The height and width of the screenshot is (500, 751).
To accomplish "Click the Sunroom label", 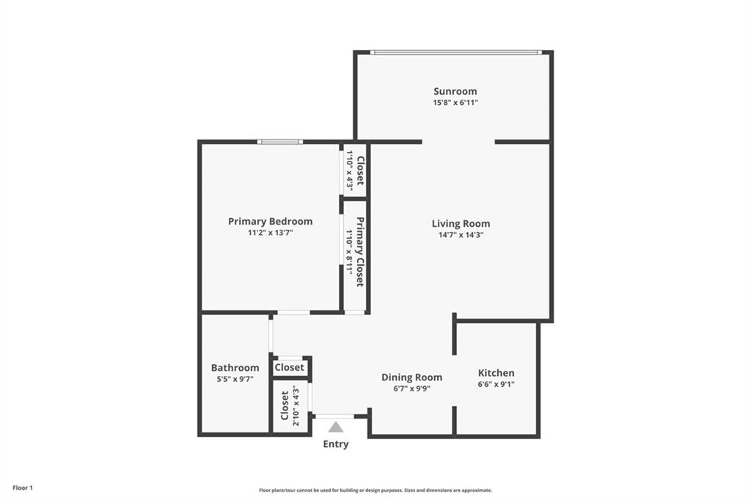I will tap(455, 91).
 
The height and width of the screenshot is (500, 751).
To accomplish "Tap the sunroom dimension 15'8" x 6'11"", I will tap(455, 103).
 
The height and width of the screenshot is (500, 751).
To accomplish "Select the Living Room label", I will tap(461, 223).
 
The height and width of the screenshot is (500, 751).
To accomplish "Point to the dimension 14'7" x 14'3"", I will tap(461, 235).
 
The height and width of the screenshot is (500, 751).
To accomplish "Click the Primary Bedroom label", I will tap(270, 221).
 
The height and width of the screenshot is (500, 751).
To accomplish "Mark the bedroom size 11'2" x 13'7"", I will tap(270, 232).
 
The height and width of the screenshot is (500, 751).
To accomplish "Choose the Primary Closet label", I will tap(361, 252).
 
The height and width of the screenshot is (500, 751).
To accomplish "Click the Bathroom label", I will tap(235, 368).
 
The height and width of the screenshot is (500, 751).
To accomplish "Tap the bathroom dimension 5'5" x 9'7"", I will tap(235, 379).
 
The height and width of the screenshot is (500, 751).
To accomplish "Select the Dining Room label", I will tap(411, 377).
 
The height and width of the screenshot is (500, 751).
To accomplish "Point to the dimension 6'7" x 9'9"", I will tap(411, 388).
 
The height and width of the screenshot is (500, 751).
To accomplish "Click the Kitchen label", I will tap(497, 373).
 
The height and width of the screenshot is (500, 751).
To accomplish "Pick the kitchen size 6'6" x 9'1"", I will tap(497, 384).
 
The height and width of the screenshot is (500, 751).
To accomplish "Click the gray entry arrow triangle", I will tap(336, 427).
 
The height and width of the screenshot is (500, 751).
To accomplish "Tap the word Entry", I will tap(336, 444).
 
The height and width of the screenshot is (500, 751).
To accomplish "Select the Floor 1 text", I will tap(23, 488).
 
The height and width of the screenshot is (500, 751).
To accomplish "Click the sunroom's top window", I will tap(455, 52).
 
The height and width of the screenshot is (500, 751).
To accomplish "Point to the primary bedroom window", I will tap(279, 142).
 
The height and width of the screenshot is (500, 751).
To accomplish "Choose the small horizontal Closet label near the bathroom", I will tap(290, 367).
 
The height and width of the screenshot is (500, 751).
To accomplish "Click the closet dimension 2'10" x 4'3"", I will tap(296, 405).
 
